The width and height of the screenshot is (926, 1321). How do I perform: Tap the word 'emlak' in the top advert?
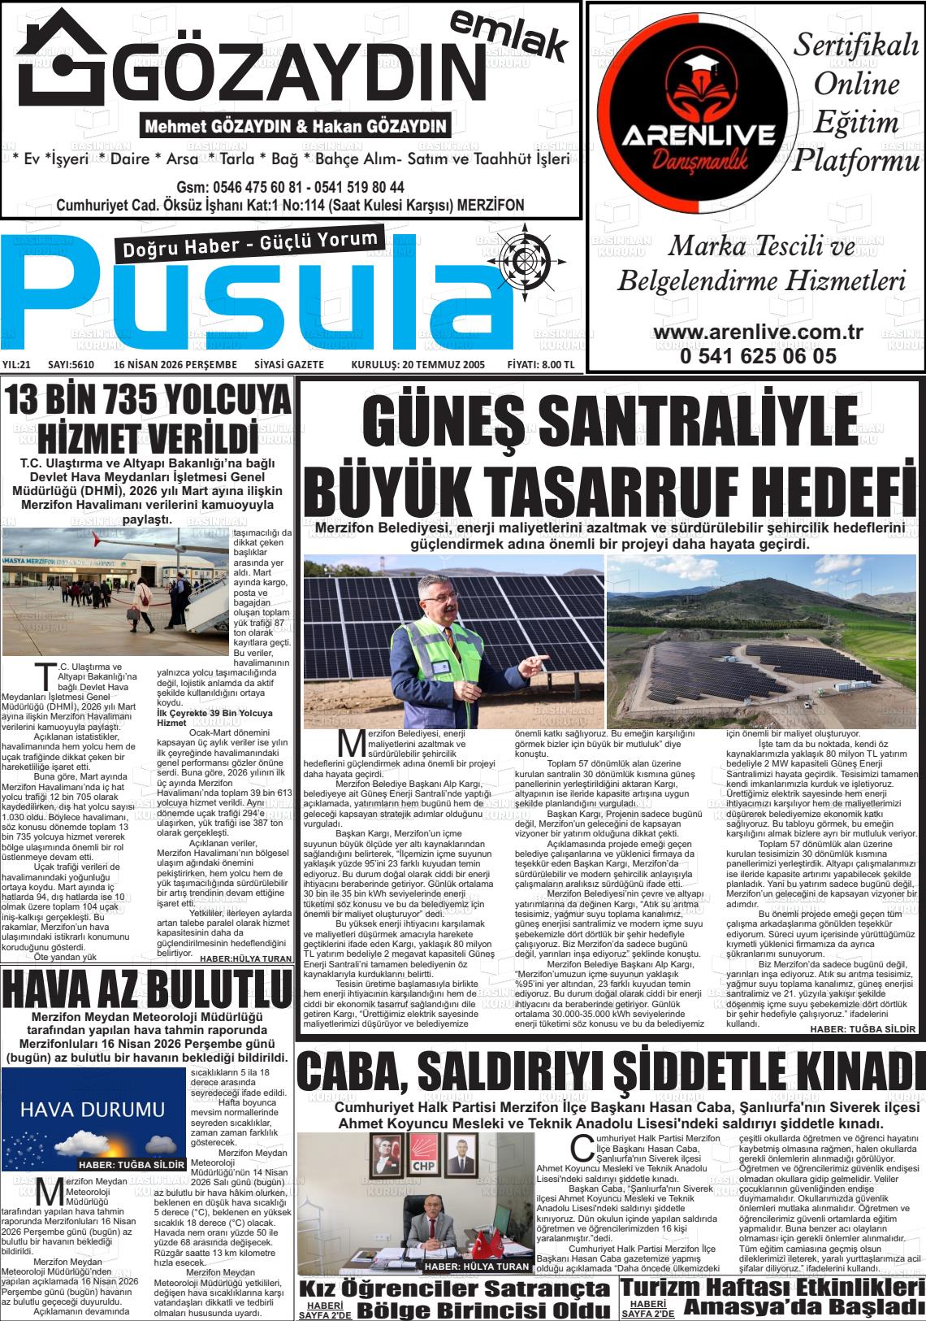(508, 36)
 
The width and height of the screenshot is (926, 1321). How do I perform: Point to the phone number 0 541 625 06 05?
(758, 355)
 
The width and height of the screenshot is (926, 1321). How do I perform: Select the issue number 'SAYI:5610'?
(71, 365)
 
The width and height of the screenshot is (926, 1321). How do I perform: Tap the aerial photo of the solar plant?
(761, 642)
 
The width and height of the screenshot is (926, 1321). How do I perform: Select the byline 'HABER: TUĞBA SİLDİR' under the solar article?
(863, 1029)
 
